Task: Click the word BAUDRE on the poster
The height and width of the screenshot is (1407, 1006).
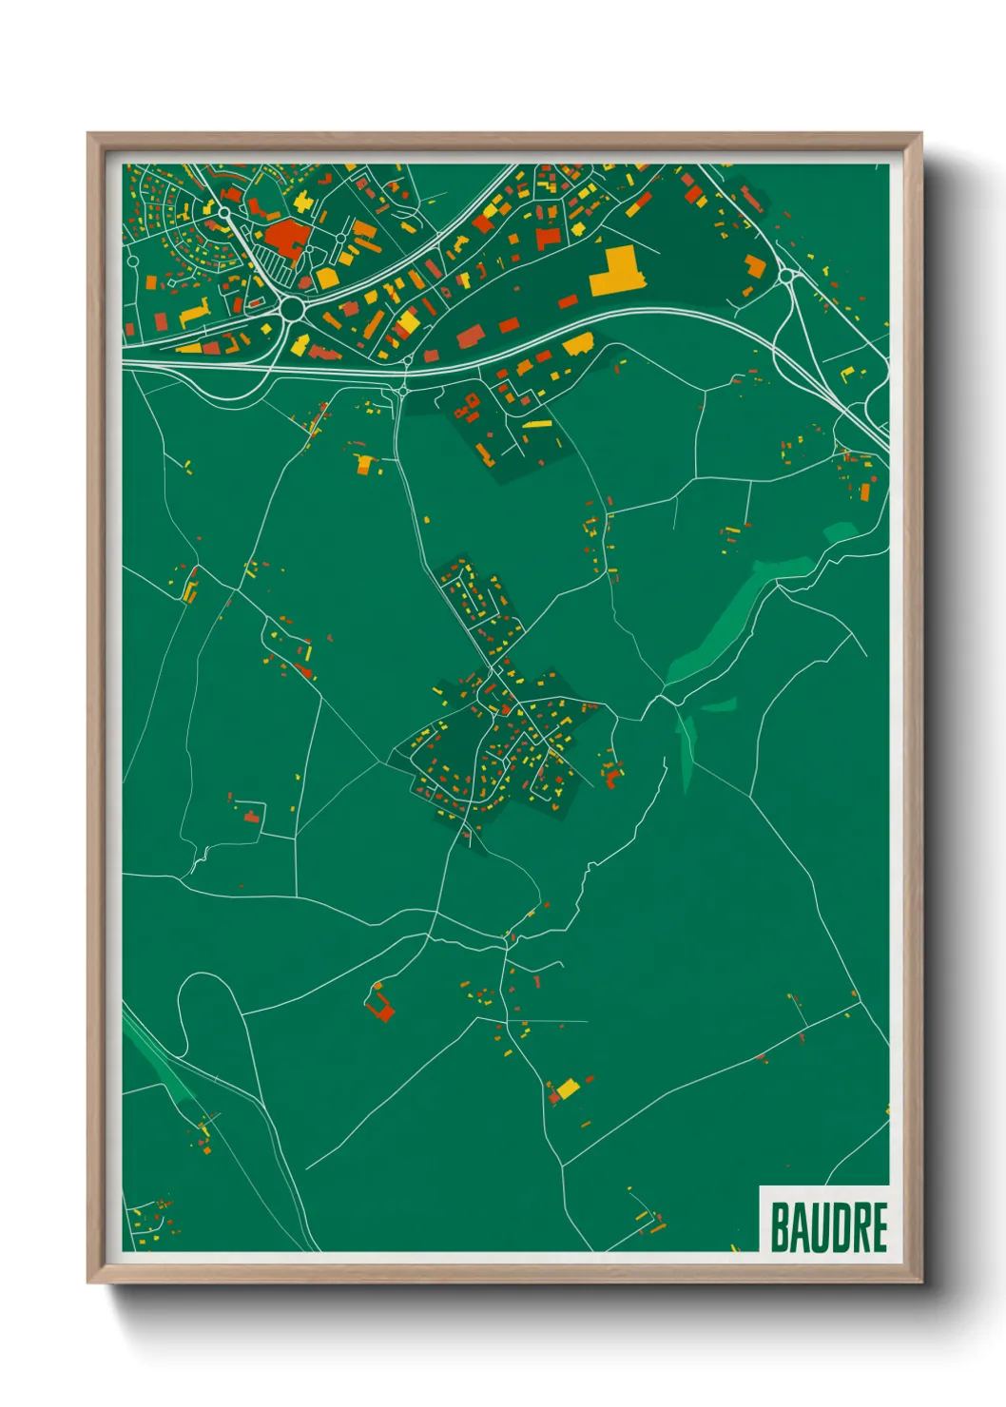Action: click(x=828, y=1226)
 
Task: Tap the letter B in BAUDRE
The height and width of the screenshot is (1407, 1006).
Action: click(x=780, y=1226)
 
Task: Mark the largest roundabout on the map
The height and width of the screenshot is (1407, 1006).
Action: click(x=291, y=308)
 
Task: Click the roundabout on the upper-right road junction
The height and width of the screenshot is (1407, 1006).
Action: click(x=786, y=276)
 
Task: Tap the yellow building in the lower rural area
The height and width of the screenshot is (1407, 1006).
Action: click(x=568, y=1088)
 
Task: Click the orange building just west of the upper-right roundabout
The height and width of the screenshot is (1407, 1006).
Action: click(x=755, y=266)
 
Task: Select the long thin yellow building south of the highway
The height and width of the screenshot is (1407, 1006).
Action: click(x=537, y=425)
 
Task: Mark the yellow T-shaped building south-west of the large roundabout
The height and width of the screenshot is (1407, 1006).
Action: click(x=194, y=313)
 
